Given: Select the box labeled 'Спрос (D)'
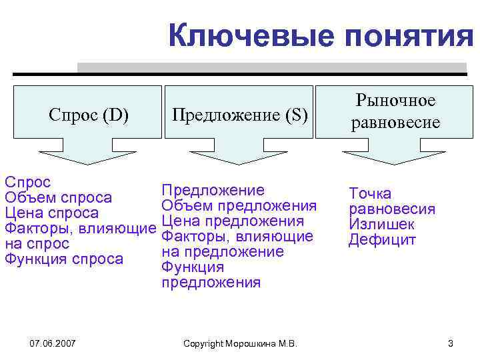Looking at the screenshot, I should (89, 115).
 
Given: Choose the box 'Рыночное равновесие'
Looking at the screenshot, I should (395, 111).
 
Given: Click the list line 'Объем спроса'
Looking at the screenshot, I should (58, 197).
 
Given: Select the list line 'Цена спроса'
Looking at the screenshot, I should (51, 213).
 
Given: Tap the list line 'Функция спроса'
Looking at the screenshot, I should (64, 259).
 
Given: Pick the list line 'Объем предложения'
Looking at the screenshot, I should (239, 205).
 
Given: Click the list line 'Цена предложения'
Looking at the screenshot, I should (233, 221).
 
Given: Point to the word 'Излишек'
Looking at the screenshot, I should (381, 225).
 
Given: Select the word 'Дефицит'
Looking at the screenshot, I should (382, 240).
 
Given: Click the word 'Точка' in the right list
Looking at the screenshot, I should (370, 194).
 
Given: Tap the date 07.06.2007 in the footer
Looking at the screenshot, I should (53, 343).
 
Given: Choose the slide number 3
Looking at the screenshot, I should (450, 343).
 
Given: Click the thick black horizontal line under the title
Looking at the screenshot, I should (240, 74).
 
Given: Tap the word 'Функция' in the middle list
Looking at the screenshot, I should (193, 267).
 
